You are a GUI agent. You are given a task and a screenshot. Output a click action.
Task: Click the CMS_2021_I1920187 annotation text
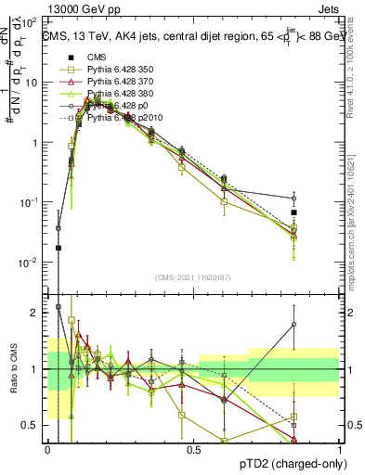[192, 276]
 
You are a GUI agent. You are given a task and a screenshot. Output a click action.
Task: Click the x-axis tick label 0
[47, 450]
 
